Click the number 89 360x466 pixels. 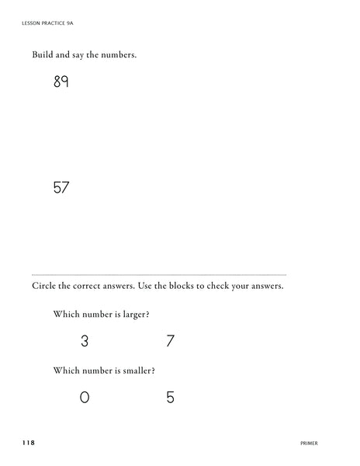click(x=61, y=82)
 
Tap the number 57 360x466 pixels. click(x=61, y=187)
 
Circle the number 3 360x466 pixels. click(x=85, y=340)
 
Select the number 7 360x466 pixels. click(x=170, y=340)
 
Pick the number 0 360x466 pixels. click(x=85, y=398)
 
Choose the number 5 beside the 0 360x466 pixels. click(x=170, y=398)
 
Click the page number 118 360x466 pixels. click(x=28, y=443)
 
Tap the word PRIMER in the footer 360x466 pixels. click(x=308, y=443)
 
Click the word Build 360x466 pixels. click(x=43, y=55)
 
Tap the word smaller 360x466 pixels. click(x=138, y=371)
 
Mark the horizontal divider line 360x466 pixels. click(x=159, y=274)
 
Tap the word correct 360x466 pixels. click(x=87, y=286)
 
